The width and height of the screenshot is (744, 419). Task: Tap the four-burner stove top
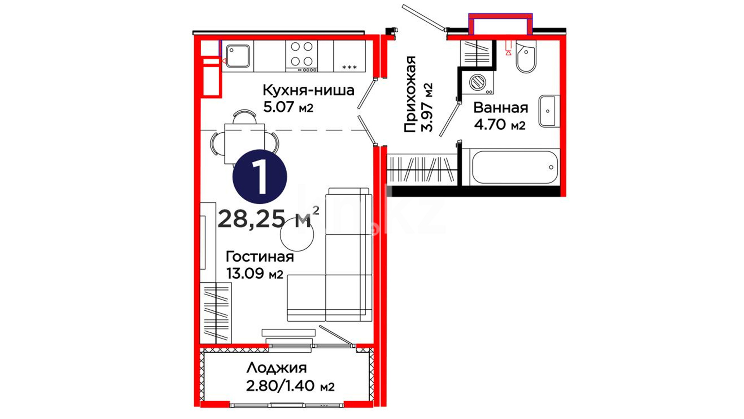coord(301,56)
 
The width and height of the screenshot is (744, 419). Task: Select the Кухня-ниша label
coord(308,90)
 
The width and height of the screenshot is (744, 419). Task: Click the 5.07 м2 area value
coord(288,107)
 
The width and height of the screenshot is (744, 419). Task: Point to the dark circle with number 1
coord(260,177)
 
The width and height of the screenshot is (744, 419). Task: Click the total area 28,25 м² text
coord(269,218)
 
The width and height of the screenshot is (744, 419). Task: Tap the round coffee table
coord(296,234)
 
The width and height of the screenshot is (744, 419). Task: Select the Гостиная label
coord(260,256)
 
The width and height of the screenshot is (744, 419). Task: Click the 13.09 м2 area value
coord(255,274)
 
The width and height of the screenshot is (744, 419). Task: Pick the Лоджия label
coord(276,367)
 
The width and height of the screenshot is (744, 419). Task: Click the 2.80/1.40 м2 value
coord(290,386)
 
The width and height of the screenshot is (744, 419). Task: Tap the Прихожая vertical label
coord(410,94)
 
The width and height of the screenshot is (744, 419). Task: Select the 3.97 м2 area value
coord(427,107)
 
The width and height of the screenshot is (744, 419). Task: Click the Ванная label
coord(501,107)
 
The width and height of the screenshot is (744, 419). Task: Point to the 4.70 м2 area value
coord(500,125)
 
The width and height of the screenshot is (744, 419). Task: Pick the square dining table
coord(245,144)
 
